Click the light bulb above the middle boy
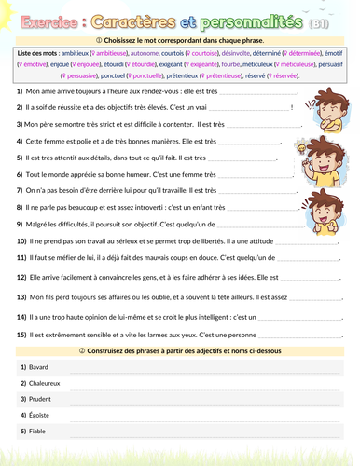303,147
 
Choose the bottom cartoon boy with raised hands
322,205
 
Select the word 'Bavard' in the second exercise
39,367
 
